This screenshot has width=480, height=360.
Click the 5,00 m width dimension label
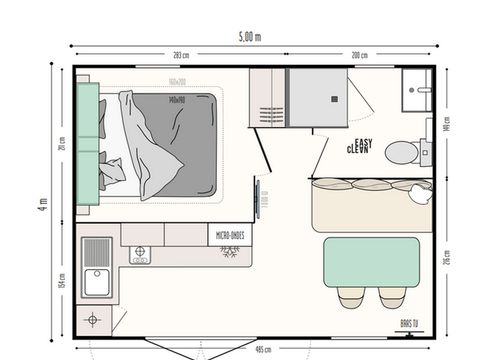pyautogui.click(x=249, y=37)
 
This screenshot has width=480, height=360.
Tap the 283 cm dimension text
pyautogui.click(x=181, y=55)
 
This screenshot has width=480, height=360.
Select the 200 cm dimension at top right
pyautogui.click(x=360, y=55)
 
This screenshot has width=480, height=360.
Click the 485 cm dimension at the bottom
pyautogui.click(x=263, y=350)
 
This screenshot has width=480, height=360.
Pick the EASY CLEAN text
pyautogui.click(x=359, y=147)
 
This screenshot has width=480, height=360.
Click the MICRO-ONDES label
pyautogui.click(x=230, y=236)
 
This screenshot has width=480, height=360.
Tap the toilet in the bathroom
pyautogui.click(x=402, y=152)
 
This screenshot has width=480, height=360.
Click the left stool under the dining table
pyautogui.click(x=351, y=297)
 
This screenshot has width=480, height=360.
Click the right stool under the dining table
pyautogui.click(x=392, y=297)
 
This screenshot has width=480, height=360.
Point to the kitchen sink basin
pyautogui.click(x=98, y=283)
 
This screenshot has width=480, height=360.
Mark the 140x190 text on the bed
pyautogui.click(x=179, y=99)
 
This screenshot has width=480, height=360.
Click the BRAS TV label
pyautogui.click(x=409, y=324)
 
